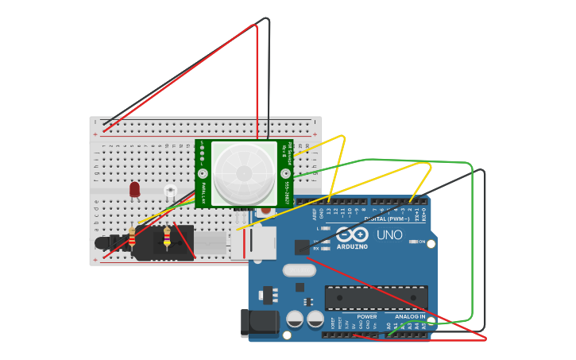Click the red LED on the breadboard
(134, 189)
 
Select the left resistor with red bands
(132, 238)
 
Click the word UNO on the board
(389, 235)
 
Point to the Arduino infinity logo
(352, 234)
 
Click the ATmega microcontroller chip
(376, 298)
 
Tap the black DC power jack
(259, 322)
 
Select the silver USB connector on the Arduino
(254, 243)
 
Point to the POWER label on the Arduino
(367, 316)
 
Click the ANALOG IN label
(410, 316)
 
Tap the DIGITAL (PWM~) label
(386, 219)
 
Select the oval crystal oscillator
(299, 270)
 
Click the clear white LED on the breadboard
(170, 191)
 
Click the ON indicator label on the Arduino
(421, 241)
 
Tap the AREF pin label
(314, 214)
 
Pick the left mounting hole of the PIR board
(203, 172)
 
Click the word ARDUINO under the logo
(352, 246)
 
